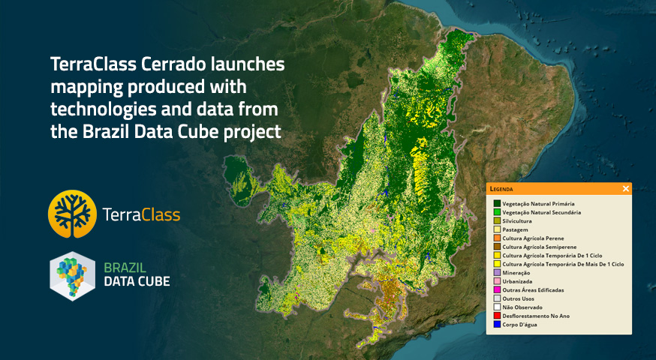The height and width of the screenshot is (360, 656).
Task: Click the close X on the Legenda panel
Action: pyautogui.click(x=625, y=188)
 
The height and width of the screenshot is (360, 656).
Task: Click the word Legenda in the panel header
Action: pyautogui.click(x=501, y=189)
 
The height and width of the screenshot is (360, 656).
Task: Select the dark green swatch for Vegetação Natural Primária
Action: pyautogui.click(x=497, y=203)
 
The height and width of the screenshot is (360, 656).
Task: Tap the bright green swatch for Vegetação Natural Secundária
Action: pyautogui.click(x=497, y=212)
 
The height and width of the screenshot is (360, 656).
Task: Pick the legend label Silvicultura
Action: pyautogui.click(x=517, y=221)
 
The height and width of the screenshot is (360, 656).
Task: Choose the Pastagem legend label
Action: pyautogui.click(x=515, y=229)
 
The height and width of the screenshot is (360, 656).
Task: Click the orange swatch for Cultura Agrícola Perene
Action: pyautogui.click(x=497, y=238)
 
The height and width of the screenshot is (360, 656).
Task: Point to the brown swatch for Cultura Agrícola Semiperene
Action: pyautogui.click(x=497, y=247)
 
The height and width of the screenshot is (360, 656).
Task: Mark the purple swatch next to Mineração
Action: pyautogui.click(x=497, y=272)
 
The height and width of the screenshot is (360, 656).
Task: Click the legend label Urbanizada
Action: pyautogui.click(x=517, y=281)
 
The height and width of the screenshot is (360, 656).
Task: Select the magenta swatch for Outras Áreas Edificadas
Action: pyautogui.click(x=497, y=289)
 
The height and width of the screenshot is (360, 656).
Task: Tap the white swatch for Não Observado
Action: pyautogui.click(x=497, y=307)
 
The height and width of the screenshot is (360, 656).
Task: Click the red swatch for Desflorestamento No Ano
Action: pyautogui.click(x=497, y=316)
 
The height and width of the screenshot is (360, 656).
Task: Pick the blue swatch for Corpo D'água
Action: pyautogui.click(x=497, y=325)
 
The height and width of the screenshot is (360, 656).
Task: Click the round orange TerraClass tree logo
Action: pyautogui.click(x=72, y=214)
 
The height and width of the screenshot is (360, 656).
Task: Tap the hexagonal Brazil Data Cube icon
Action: pyautogui.click(x=72, y=277)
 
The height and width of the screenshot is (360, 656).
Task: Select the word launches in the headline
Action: pyautogui.click(x=248, y=64)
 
